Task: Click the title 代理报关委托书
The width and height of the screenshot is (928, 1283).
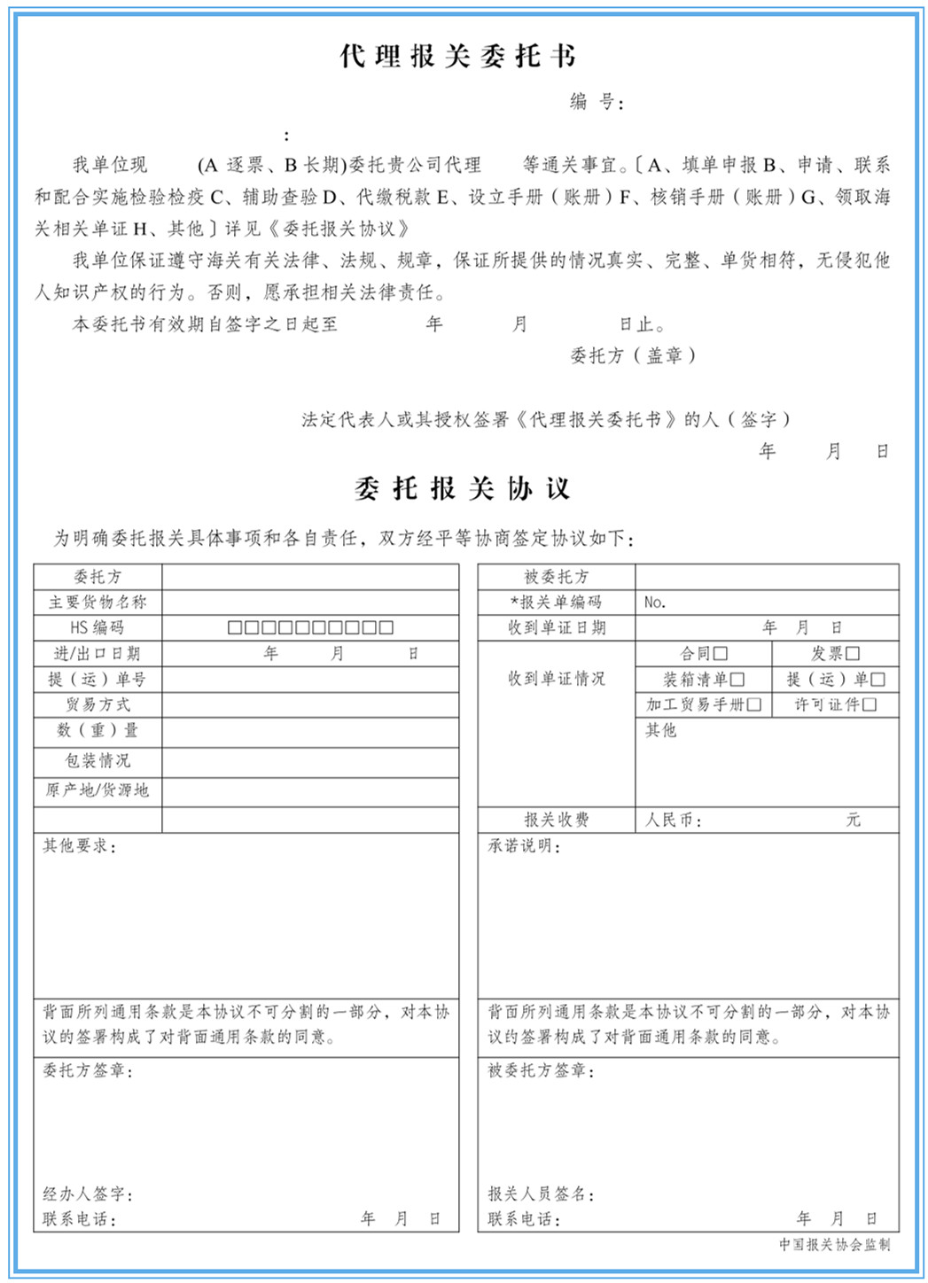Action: pos(458,57)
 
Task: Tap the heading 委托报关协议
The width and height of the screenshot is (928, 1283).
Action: pos(462,488)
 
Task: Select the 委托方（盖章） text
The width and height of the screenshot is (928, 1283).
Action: pos(632,356)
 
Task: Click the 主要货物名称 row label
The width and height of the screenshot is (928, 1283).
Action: pos(97,603)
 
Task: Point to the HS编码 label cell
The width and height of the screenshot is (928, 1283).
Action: pos(97,628)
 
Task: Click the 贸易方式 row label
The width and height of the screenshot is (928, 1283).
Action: pos(97,705)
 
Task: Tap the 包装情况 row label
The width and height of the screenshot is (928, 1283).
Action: pos(97,761)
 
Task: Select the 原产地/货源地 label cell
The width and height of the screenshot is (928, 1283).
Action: pos(97,790)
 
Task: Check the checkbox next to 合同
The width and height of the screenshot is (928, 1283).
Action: pos(721,654)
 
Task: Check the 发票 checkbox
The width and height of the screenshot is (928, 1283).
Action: pos(853,654)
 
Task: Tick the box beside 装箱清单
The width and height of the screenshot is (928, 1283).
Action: pos(737,680)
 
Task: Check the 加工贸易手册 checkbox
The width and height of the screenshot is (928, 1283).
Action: pos(754,705)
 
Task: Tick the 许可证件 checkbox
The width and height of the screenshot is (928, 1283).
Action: pos(870,705)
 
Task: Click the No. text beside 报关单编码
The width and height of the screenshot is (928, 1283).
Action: pos(655,603)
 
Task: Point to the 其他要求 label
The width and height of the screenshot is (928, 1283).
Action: pos(80,847)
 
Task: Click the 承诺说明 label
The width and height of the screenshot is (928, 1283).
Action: pos(525,847)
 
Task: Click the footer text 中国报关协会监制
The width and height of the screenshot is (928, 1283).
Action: pos(834,1245)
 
